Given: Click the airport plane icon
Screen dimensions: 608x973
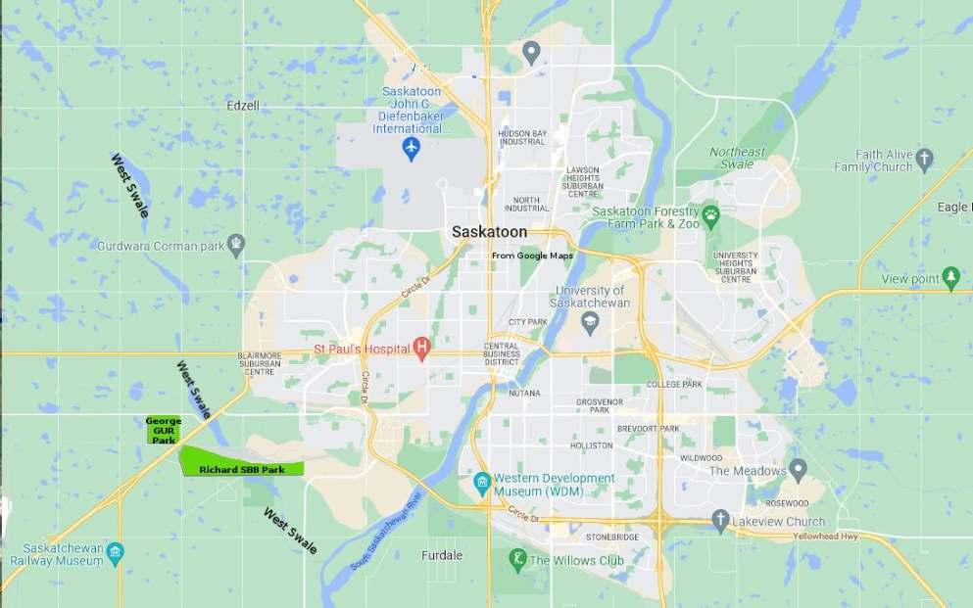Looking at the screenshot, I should tap(412, 149).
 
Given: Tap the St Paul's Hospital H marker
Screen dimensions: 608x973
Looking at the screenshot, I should tap(422, 348).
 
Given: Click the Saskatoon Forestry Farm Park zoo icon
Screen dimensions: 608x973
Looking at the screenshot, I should tap(710, 212).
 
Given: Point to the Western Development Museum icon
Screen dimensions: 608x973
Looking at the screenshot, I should tap(481, 484).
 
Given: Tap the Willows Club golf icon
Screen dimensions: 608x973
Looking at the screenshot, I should tap(517, 560).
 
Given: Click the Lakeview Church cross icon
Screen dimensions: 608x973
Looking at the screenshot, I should tap(720, 521).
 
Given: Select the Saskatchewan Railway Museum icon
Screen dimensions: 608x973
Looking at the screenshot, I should tap(115, 553).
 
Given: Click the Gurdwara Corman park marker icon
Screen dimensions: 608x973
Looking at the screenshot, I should tap(235, 243).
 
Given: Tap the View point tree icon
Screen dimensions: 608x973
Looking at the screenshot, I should tap(949, 279).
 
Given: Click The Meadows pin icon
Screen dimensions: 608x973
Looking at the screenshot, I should tap(799, 471).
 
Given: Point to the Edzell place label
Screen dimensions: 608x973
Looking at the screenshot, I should tap(243, 105).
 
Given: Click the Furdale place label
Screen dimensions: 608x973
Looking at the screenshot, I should tap(441, 555).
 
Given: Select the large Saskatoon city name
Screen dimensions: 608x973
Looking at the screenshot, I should tap(489, 232).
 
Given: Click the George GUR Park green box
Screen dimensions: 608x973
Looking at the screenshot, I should tap(163, 430).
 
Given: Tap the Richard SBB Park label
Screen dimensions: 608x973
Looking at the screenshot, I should tap(242, 470).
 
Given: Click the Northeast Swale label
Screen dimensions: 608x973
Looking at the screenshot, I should tap(738, 158).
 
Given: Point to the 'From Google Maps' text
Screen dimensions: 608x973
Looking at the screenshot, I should tap(532, 256).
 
